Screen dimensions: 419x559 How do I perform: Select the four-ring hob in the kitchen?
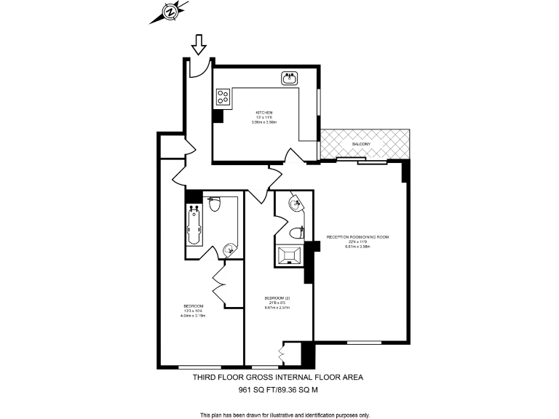[223, 96]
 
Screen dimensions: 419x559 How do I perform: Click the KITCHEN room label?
[263, 112]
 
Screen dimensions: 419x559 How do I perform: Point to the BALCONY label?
[361, 144]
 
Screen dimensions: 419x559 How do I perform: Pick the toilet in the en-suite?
[296, 233]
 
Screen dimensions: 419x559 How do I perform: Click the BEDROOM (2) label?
[277, 298]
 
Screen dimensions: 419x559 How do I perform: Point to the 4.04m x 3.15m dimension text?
[194, 315]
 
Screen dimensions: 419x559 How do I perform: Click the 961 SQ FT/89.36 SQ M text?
[279, 390]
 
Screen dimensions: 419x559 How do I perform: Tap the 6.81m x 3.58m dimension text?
[358, 247]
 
